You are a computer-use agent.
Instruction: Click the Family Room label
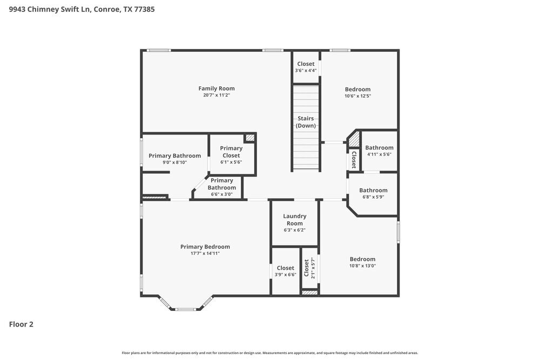point(216,89)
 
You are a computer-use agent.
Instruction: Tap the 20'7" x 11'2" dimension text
point(216,96)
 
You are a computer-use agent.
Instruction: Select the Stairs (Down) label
point(306,122)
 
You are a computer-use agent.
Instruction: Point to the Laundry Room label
point(294,220)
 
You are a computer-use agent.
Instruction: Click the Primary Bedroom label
point(205,247)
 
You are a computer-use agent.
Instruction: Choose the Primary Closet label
point(231,152)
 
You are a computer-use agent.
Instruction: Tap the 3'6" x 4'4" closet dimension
point(306,71)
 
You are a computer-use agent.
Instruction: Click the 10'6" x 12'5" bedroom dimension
point(357,96)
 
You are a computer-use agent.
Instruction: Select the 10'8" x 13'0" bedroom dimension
point(362,266)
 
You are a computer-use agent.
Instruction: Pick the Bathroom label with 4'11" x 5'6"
point(379,147)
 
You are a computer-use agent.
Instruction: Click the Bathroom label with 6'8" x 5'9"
point(373,190)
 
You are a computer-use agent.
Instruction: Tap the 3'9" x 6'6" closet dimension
point(285,275)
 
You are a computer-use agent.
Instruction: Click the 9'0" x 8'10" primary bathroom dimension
point(174,162)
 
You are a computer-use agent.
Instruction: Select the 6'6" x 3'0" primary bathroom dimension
point(221,194)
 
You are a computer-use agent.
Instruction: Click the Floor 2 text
point(21,324)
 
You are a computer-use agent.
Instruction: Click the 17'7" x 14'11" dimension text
point(205,253)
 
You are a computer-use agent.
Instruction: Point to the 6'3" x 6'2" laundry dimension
point(294,230)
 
